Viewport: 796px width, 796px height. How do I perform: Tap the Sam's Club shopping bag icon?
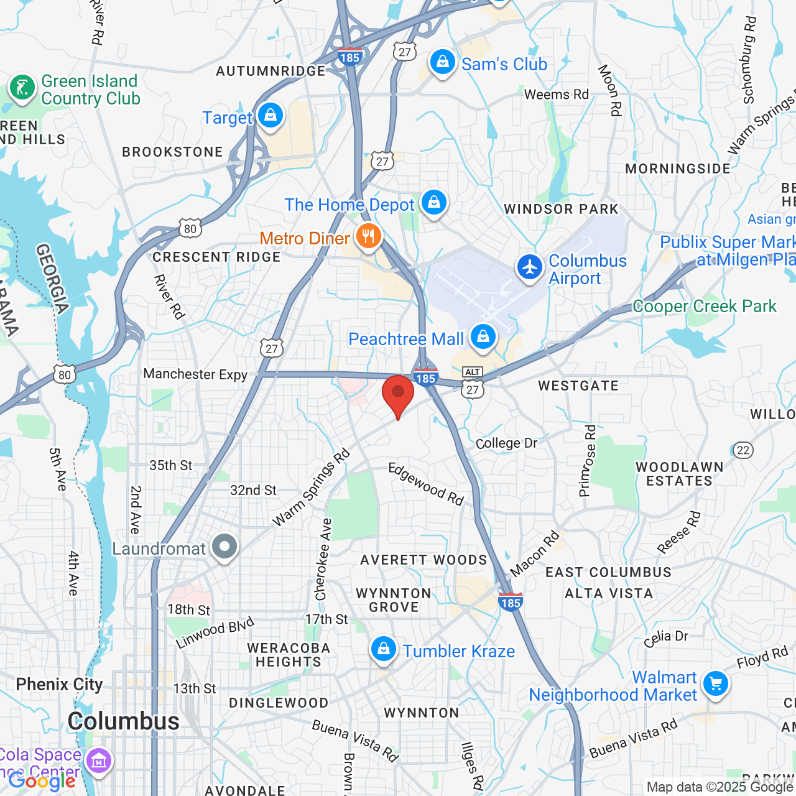(x=443, y=63)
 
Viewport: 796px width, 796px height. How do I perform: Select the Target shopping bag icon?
(x=271, y=116)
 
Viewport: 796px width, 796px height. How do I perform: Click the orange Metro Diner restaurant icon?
(x=369, y=237)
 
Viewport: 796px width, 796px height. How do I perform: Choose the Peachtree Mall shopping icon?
(x=483, y=338)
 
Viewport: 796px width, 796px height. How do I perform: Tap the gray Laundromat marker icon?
(x=224, y=547)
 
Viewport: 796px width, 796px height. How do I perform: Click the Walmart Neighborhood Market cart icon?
(x=716, y=685)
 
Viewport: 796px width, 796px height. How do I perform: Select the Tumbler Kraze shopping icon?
(x=384, y=650)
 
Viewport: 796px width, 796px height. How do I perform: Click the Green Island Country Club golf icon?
(x=22, y=88)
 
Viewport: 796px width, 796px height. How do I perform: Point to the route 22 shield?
(x=743, y=450)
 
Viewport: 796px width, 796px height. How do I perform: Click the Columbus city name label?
(x=123, y=721)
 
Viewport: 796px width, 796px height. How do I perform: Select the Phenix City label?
(x=59, y=685)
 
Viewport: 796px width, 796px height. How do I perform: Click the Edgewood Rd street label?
(x=427, y=484)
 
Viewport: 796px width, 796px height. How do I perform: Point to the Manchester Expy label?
(x=195, y=374)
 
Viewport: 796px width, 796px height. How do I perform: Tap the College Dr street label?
(x=506, y=443)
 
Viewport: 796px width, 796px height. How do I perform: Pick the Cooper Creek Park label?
(x=705, y=307)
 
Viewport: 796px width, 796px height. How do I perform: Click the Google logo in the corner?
(x=42, y=780)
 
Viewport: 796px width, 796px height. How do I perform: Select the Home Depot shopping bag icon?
(x=434, y=203)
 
